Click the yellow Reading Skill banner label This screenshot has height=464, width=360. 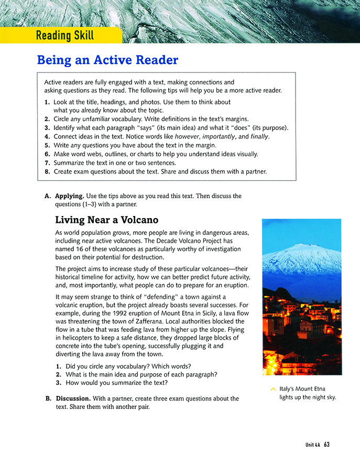click(65, 36)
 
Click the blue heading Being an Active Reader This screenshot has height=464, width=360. click(107, 60)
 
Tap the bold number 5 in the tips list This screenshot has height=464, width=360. click(47, 145)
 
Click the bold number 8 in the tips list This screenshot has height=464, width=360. click(47, 171)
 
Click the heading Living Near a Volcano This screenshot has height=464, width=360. click(106, 220)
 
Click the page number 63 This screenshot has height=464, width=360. click(326, 445)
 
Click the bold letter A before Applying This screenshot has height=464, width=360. click(47, 196)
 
